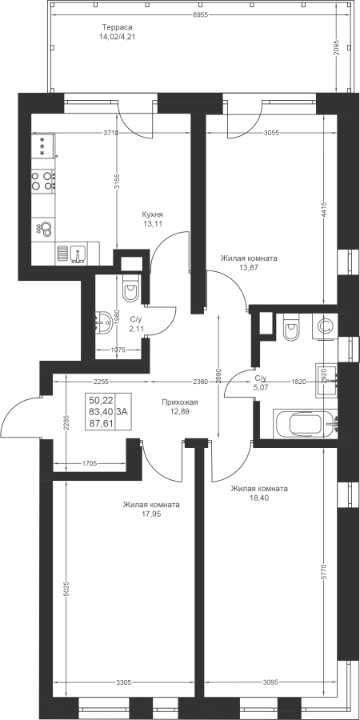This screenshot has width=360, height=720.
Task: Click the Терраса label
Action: (117, 27)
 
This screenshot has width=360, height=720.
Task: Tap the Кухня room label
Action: (153, 214)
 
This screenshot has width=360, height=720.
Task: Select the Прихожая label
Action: (179, 402)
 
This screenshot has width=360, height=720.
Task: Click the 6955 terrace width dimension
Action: (201, 14)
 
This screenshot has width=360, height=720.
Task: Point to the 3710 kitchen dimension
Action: (110, 133)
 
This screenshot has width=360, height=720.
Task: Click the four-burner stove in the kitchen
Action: (43, 181)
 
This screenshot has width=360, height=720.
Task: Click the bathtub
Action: (305, 423)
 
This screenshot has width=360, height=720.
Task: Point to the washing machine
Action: (325, 326)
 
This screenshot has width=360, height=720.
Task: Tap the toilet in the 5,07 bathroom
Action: (291, 327)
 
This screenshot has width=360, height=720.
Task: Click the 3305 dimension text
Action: (124, 682)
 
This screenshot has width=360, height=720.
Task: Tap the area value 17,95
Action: (151, 514)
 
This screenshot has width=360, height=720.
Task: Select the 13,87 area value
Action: (249, 268)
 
